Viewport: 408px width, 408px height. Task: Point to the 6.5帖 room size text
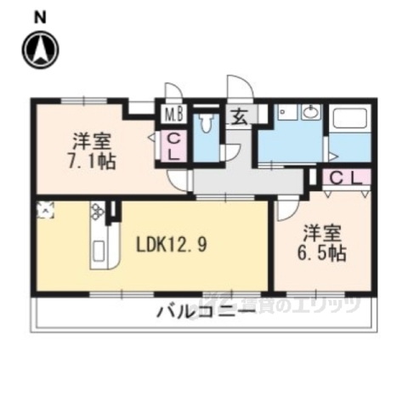coord(323,252)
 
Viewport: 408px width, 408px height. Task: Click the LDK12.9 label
coord(173,245)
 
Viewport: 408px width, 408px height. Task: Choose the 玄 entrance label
coord(239,117)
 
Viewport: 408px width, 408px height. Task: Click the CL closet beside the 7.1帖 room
coord(173,146)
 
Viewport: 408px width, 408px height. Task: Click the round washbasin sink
coord(311,112)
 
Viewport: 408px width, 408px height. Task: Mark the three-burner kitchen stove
coord(97,210)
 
